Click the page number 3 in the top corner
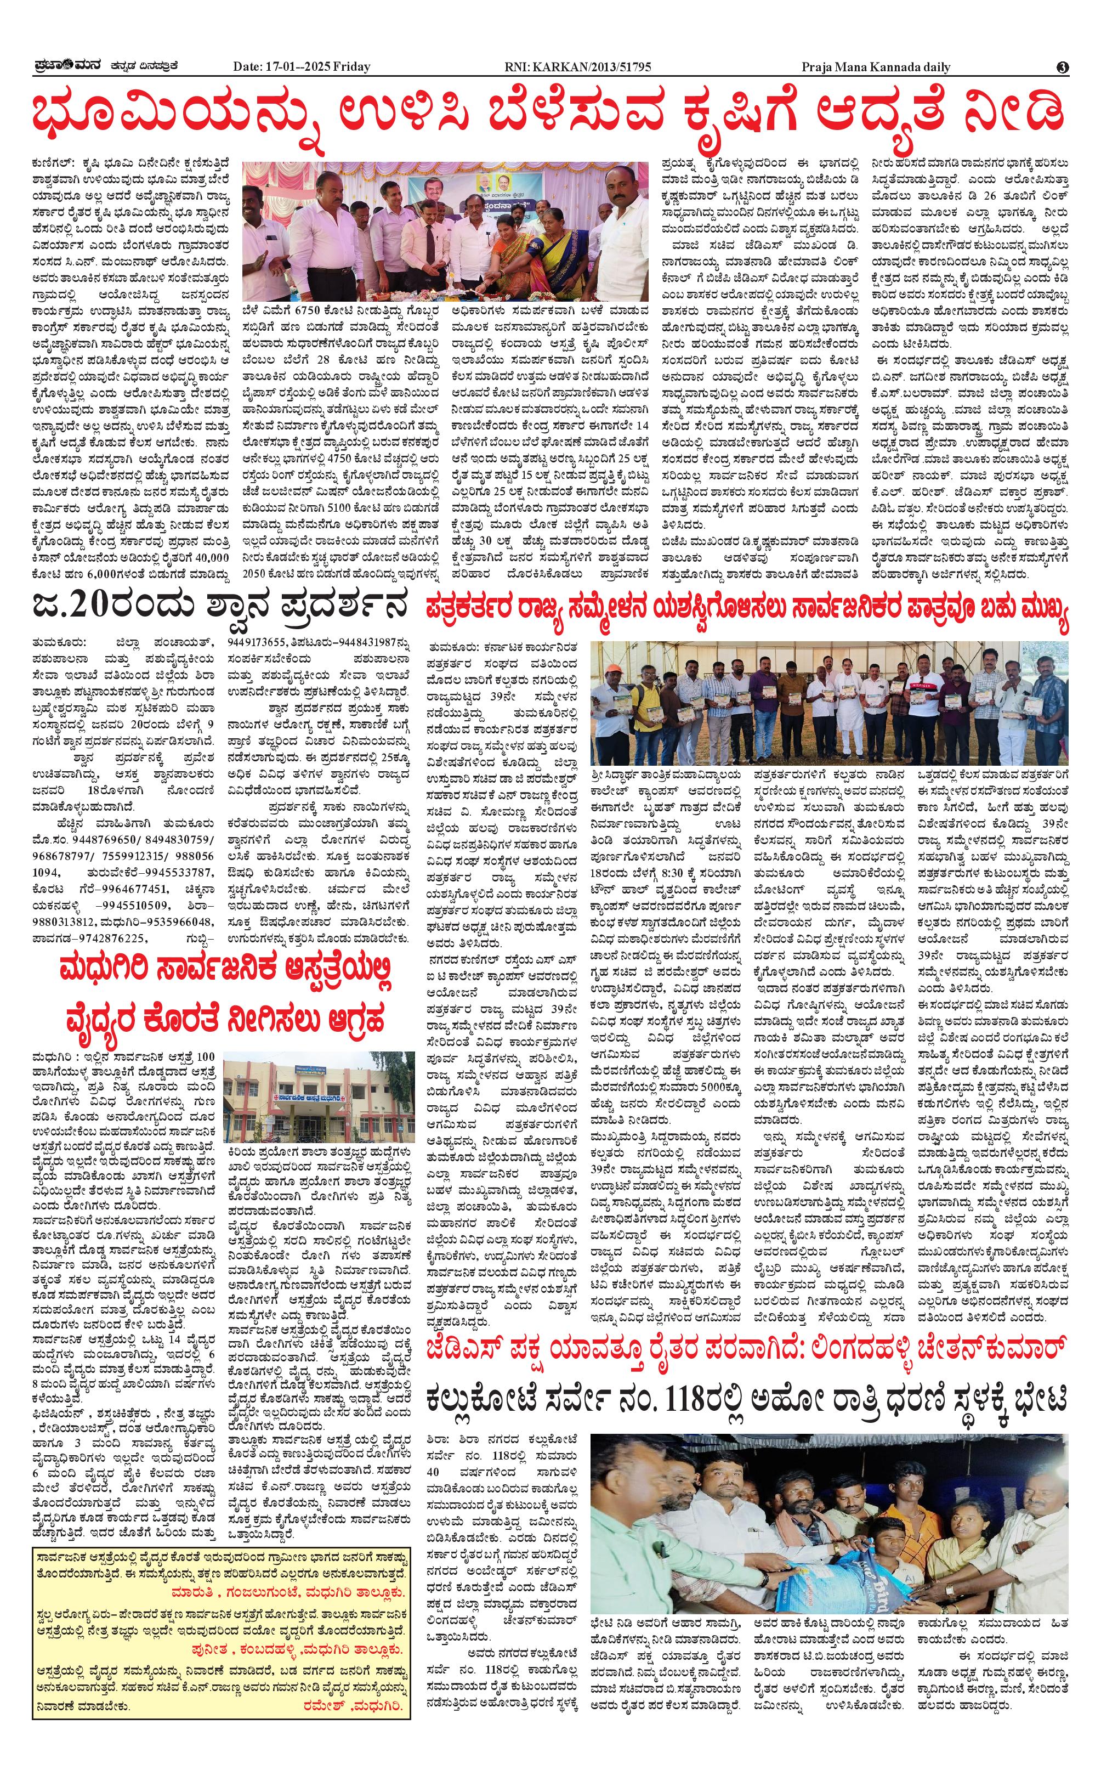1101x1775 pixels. coord(1063,67)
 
